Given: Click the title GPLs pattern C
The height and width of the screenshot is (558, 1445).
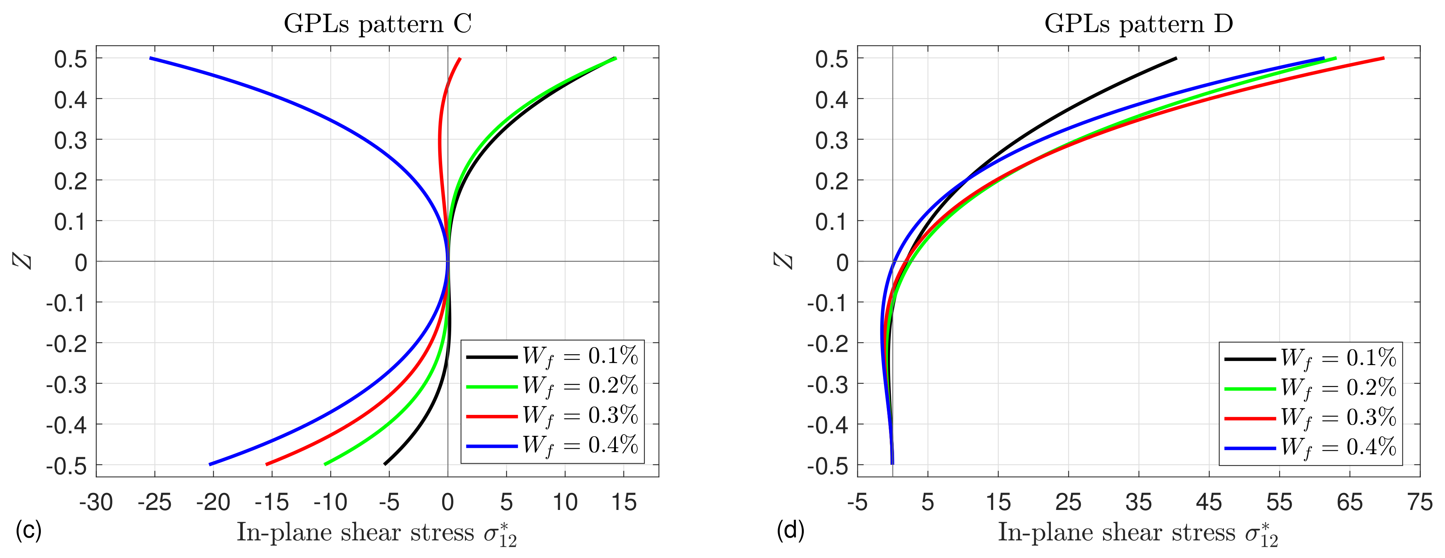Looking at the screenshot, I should point(378,23).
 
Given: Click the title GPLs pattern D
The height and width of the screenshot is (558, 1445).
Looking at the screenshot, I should point(1139,23).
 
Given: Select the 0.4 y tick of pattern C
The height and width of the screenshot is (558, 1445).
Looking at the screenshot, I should point(71,100).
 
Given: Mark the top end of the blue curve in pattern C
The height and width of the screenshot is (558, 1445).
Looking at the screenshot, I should point(150,58).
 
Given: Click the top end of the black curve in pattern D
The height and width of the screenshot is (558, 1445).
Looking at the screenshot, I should point(1176,58).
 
